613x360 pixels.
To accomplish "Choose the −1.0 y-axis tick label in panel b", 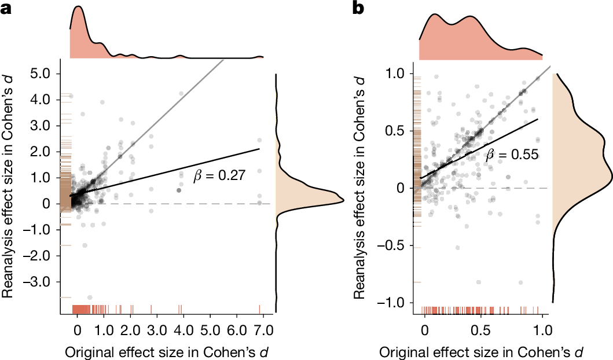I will [x=396, y=303].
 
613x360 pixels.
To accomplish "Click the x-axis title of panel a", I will [x=167, y=352].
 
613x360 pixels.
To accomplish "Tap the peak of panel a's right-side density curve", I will [x=344, y=200].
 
